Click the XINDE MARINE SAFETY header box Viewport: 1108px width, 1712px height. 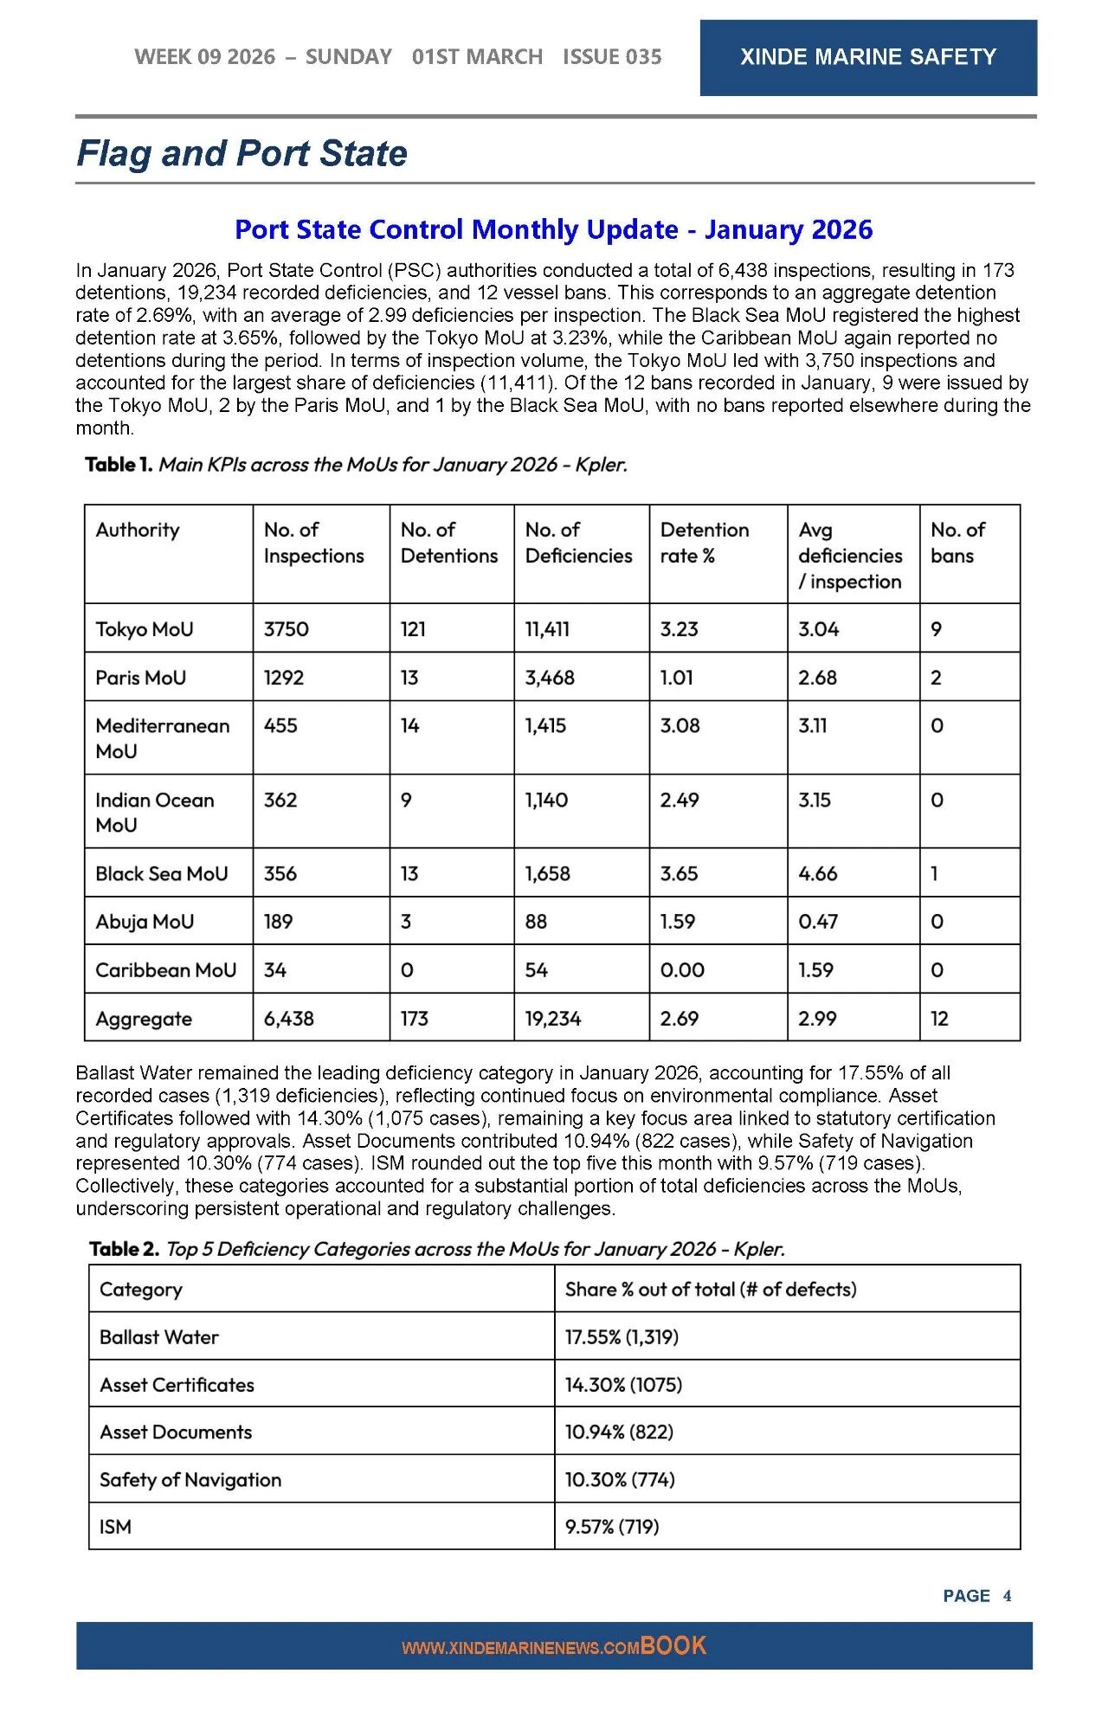pyautogui.click(x=867, y=57)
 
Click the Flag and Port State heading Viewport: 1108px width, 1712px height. pyautogui.click(x=242, y=153)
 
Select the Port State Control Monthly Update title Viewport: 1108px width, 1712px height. pyautogui.click(x=553, y=229)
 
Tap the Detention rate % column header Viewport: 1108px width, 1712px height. pyautogui.click(x=704, y=543)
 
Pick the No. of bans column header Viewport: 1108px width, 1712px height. pyautogui.click(x=957, y=543)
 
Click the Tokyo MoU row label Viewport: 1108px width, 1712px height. pyautogui.click(x=145, y=629)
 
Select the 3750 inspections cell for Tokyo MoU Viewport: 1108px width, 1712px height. pyautogui.click(x=287, y=629)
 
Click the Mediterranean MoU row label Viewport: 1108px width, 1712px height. pyautogui.click(x=162, y=738)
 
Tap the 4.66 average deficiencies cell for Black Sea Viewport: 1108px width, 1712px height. pyautogui.click(x=818, y=873)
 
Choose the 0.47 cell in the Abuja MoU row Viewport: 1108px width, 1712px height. pyautogui.click(x=818, y=922)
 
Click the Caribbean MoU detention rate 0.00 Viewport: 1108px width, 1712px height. pyautogui.click(x=682, y=970)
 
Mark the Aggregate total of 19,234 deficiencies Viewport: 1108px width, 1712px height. pyautogui.click(x=553, y=1019)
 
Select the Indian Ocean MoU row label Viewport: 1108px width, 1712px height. pyautogui.click(x=154, y=812)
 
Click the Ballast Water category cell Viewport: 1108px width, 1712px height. pyautogui.click(x=159, y=1337)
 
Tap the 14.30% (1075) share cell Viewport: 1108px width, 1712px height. pyautogui.click(x=623, y=1385)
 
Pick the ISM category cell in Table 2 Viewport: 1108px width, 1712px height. pyautogui.click(x=116, y=1527)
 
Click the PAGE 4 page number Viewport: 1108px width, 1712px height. pyautogui.click(x=976, y=1596)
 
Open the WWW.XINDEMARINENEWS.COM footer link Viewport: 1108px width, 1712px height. pyautogui.click(x=520, y=1648)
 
